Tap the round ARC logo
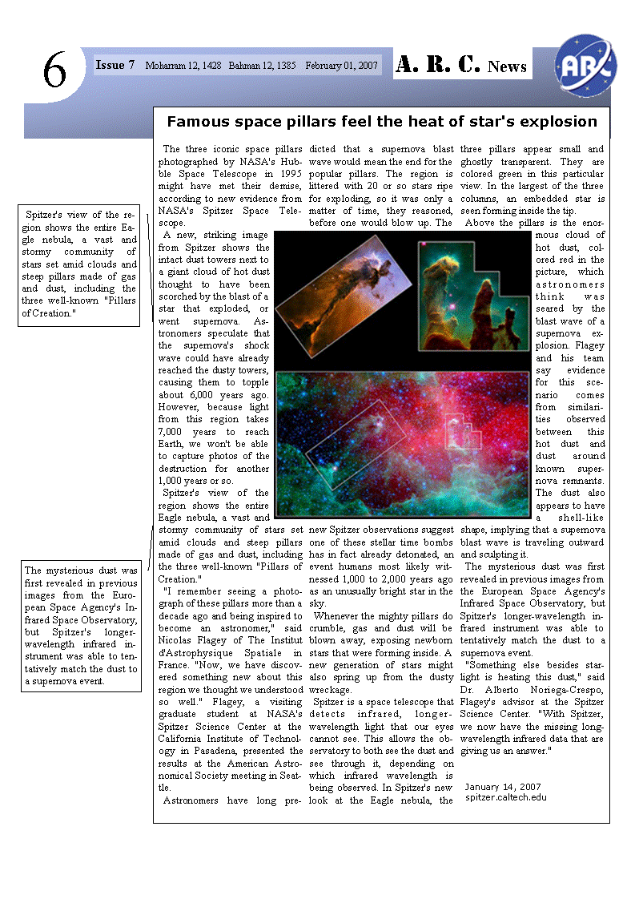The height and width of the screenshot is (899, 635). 586,62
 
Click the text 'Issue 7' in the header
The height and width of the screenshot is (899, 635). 115,65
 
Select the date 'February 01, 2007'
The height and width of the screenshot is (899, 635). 342,66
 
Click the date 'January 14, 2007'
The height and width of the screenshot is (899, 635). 503,787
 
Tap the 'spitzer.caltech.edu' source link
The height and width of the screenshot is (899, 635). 506,797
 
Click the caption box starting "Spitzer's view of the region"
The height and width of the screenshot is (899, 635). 78,264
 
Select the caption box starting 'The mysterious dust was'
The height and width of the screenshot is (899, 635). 81,626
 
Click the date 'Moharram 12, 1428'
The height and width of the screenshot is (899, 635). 183,66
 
